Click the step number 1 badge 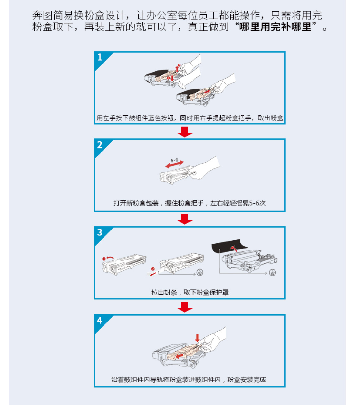click(100, 57)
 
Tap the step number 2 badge click(100, 145)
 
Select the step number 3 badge click(100, 232)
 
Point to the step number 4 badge click(100, 320)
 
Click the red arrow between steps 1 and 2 click(185, 132)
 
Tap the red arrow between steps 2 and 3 click(185, 219)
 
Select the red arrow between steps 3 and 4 click(185, 307)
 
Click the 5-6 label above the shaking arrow click(174, 160)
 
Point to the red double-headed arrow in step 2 click(174, 164)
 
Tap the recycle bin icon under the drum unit click(273, 272)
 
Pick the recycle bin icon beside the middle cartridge click(200, 272)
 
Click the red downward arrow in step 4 click(197, 338)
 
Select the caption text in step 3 click(190, 292)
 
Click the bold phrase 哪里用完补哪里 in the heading click(275, 27)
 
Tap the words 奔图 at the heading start click(42, 15)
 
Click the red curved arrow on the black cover click(234, 249)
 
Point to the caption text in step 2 click(190, 203)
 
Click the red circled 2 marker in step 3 click(153, 269)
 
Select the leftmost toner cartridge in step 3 click(124, 265)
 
